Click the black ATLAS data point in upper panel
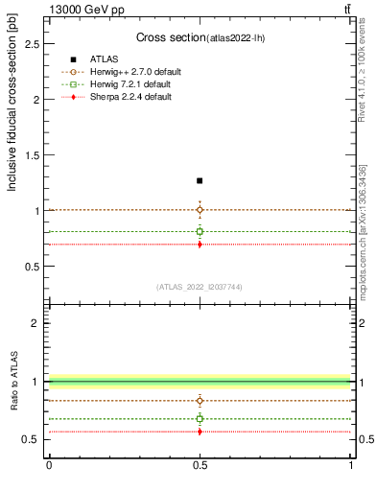click(x=200, y=180)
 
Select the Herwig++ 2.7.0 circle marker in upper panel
click(x=200, y=209)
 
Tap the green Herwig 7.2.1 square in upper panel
click(x=200, y=231)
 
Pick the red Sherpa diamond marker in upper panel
click(x=200, y=245)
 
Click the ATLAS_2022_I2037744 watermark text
click(x=200, y=287)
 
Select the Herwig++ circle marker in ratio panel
click(x=200, y=401)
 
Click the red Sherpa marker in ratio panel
click(x=200, y=432)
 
